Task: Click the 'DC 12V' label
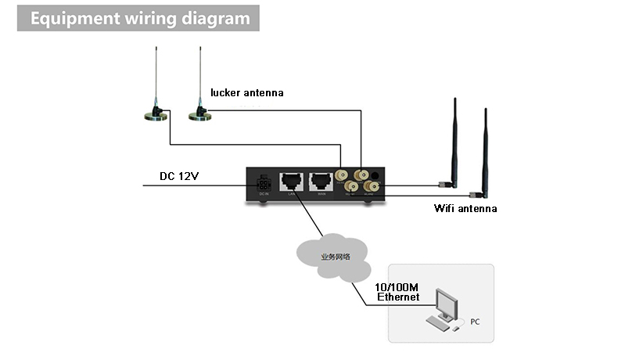(179, 176)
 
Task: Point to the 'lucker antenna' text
(246, 93)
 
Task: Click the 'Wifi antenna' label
(465, 209)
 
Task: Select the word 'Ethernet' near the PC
(398, 297)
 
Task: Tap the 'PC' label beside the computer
(475, 322)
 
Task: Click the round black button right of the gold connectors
(378, 176)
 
